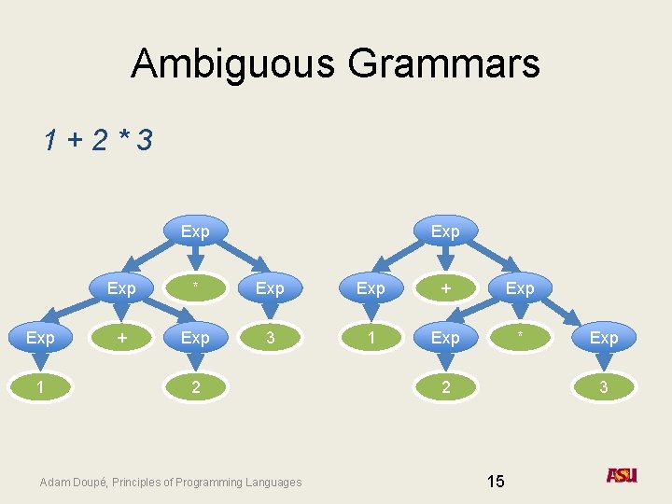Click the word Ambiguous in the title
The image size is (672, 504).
(x=233, y=64)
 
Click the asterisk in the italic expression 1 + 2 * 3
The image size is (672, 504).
(x=122, y=139)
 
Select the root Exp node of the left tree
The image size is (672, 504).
(x=195, y=231)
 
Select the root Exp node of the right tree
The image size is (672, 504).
(x=445, y=231)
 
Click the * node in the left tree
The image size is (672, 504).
(x=195, y=288)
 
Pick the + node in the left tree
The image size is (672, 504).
(x=120, y=337)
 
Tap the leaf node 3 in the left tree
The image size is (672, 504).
(x=270, y=337)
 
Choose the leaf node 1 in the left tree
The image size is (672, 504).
(x=40, y=385)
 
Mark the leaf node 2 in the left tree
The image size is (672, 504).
(x=195, y=385)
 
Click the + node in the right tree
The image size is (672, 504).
(x=445, y=288)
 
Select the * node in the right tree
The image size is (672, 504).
(x=520, y=337)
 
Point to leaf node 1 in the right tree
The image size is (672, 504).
(x=371, y=337)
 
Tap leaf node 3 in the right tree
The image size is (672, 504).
(x=604, y=385)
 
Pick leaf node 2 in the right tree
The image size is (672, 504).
(x=445, y=385)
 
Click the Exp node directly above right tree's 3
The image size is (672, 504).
(x=604, y=337)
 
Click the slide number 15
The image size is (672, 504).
(x=496, y=482)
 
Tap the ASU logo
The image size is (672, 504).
(x=622, y=475)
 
